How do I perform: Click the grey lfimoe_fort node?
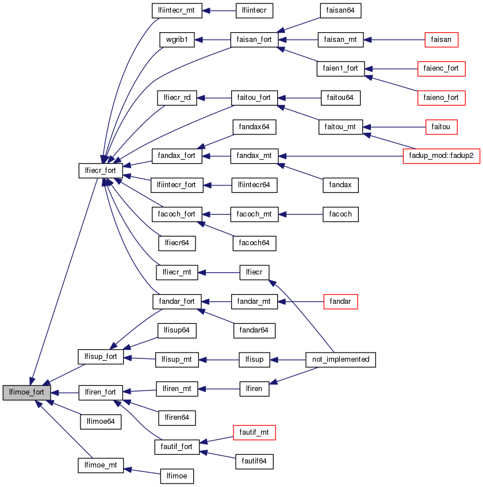[27, 393]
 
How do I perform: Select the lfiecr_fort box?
[100, 170]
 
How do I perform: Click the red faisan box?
[441, 40]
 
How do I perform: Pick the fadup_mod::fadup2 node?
[442, 156]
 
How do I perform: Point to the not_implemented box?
[341, 360]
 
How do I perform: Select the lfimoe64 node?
[101, 422]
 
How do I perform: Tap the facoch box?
[340, 214]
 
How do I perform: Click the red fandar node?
[340, 301]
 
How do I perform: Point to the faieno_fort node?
[441, 98]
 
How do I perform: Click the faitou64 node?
[340, 98]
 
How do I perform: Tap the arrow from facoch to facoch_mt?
[300, 214]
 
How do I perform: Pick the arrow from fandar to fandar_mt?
[300, 301]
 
